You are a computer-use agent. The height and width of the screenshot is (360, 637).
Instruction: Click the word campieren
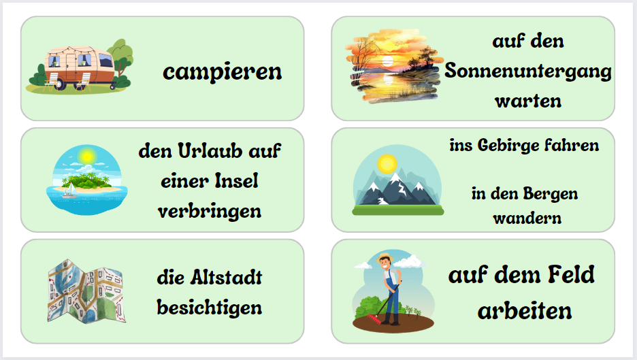click(223, 72)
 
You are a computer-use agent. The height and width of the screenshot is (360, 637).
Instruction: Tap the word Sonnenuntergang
click(527, 71)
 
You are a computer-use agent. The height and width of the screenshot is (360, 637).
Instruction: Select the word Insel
click(236, 181)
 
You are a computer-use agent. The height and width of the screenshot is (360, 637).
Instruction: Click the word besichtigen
click(210, 308)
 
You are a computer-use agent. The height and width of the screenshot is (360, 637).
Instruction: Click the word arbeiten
click(525, 311)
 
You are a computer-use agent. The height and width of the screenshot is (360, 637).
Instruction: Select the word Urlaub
click(210, 151)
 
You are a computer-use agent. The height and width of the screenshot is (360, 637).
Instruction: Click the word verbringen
click(210, 211)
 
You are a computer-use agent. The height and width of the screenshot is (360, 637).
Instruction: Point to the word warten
click(528, 101)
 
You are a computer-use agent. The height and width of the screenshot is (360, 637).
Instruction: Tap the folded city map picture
click(86, 291)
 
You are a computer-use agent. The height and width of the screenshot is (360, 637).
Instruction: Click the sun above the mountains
click(387, 164)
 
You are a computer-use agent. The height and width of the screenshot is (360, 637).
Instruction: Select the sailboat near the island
click(70, 191)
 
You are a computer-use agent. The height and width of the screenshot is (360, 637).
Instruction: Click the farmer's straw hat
click(384, 258)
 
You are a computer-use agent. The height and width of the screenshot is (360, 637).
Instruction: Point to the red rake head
click(374, 320)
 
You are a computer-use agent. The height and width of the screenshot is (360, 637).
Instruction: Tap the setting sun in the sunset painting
click(387, 61)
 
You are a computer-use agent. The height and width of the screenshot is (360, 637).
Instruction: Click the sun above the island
click(87, 155)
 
